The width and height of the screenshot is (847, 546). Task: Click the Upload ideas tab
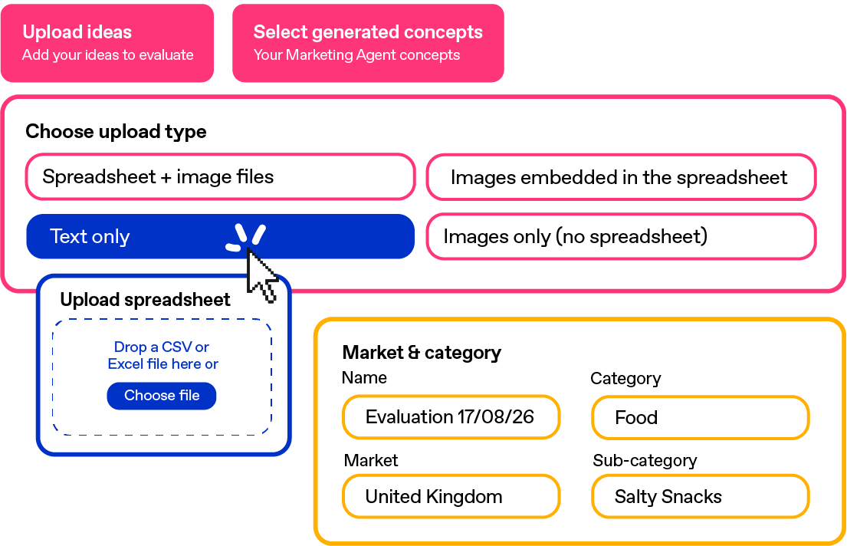click(107, 43)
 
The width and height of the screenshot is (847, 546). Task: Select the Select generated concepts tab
click(368, 43)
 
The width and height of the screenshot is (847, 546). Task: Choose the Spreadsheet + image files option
click(221, 177)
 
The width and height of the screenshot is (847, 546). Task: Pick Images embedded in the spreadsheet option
click(621, 177)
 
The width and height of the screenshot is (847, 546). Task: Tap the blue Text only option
click(221, 236)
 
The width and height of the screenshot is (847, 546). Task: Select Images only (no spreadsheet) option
click(621, 236)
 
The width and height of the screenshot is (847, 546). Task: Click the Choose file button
click(162, 396)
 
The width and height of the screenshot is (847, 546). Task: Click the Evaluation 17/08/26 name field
click(451, 417)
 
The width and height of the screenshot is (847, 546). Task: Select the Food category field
click(701, 417)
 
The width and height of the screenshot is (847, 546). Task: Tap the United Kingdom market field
click(451, 496)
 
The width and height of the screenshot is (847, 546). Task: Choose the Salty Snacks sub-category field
click(701, 496)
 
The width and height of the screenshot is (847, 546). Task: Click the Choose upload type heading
click(117, 132)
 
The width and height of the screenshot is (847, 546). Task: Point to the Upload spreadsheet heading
click(146, 300)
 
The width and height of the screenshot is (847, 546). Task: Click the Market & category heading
click(422, 353)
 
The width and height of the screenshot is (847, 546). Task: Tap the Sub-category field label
click(645, 461)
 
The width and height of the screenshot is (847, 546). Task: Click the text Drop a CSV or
click(162, 347)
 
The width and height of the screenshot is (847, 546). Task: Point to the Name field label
click(365, 377)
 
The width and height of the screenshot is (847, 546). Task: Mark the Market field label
click(371, 461)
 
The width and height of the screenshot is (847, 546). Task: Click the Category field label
click(625, 379)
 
